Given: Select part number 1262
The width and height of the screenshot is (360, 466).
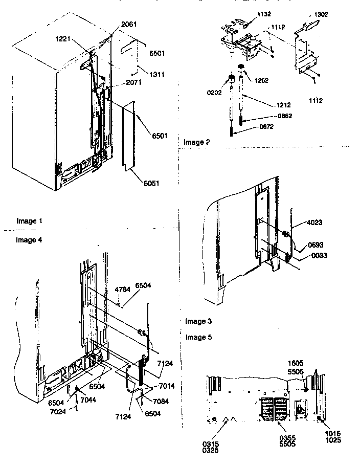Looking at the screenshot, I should [x=261, y=80].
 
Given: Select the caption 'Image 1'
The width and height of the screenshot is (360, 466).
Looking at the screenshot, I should [x=30, y=221].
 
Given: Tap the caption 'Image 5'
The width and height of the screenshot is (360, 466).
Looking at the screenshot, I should [x=199, y=337].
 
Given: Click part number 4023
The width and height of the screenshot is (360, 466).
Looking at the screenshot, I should [x=315, y=223].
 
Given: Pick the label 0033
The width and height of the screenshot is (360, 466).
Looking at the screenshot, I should [x=315, y=255].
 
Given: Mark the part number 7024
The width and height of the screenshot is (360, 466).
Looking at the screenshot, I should [x=58, y=410].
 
